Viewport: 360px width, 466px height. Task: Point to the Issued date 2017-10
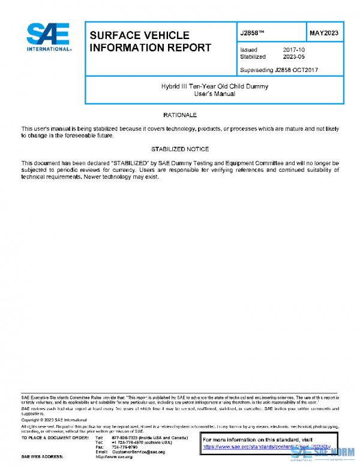pyautogui.click(x=293, y=50)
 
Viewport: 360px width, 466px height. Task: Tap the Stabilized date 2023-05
pyautogui.click(x=293, y=57)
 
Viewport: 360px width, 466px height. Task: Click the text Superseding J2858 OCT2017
pyautogui.click(x=278, y=70)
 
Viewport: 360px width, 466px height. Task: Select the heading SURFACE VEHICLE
pyautogui.click(x=139, y=35)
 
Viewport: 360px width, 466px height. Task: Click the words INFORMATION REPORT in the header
pyautogui.click(x=150, y=47)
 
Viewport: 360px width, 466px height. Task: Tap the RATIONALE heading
pyautogui.click(x=180, y=114)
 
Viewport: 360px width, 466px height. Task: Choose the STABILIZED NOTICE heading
pyautogui.click(x=180, y=149)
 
